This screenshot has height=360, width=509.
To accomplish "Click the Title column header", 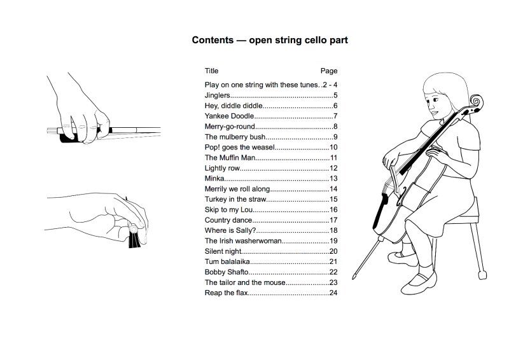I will click(x=211, y=71).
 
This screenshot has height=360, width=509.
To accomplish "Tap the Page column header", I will click(x=329, y=71).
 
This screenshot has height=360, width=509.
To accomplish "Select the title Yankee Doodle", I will click(x=229, y=116).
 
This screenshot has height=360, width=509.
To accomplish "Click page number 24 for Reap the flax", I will click(x=333, y=293).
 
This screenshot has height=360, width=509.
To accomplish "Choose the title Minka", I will click(x=214, y=178).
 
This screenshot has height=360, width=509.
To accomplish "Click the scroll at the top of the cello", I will click(x=475, y=102).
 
